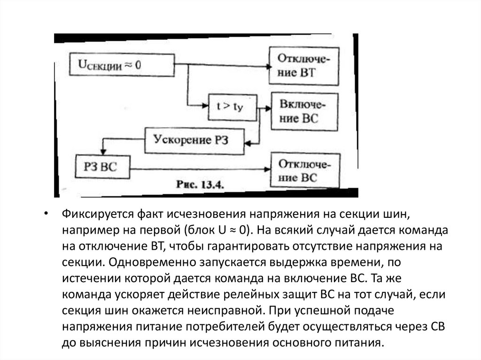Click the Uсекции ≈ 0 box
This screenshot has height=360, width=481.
[x=122, y=65]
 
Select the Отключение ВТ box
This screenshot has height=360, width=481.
[x=304, y=66]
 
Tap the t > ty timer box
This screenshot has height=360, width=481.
[x=231, y=107]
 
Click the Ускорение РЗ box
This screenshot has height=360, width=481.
[x=194, y=140]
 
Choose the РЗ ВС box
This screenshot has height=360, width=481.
[x=103, y=167]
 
